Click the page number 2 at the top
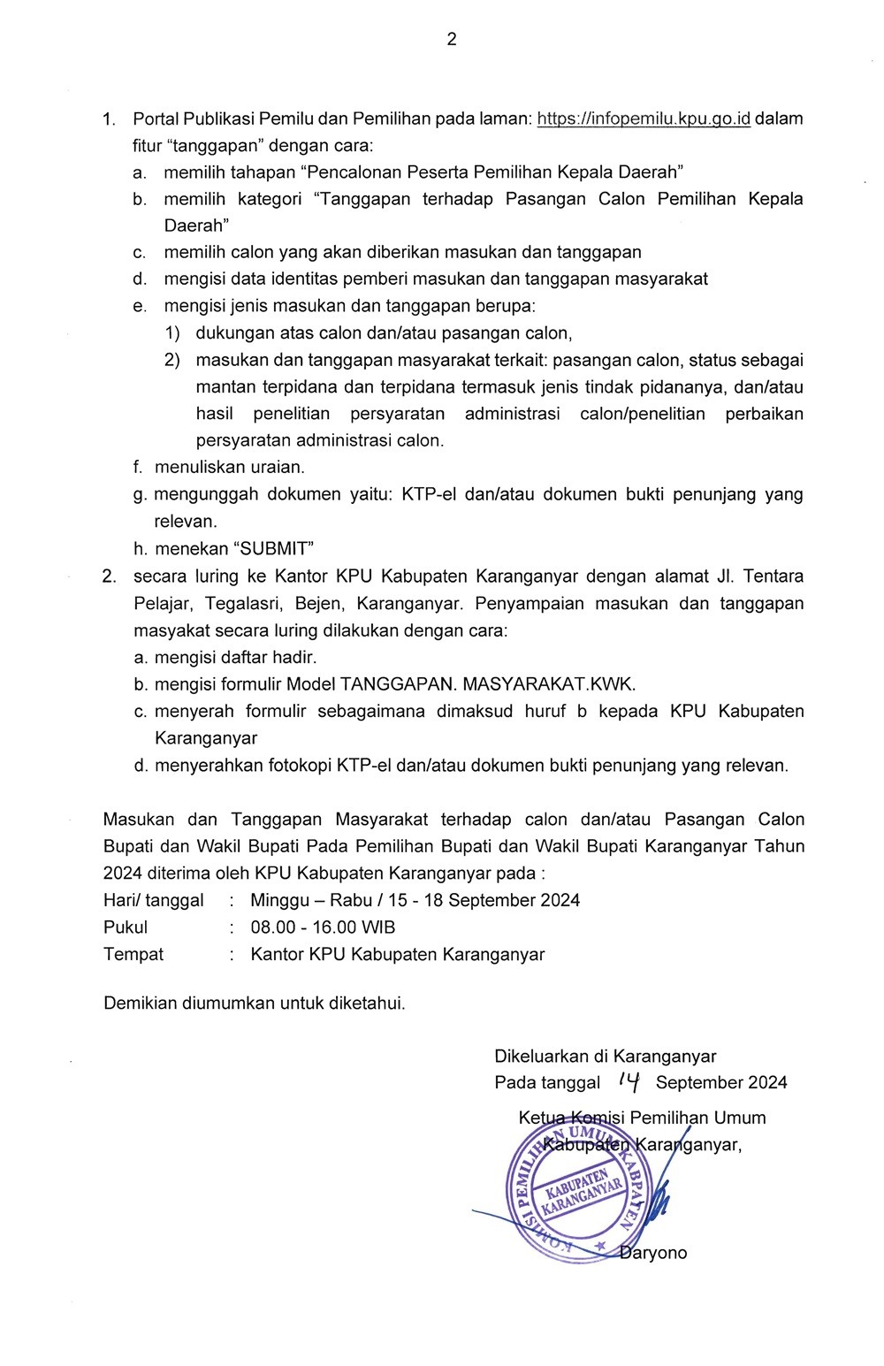click(x=452, y=39)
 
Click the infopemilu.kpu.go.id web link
click(x=644, y=118)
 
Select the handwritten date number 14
click(x=629, y=1080)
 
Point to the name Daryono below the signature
click(x=654, y=1253)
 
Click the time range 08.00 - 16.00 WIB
click(x=323, y=927)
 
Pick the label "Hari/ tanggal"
click(x=154, y=900)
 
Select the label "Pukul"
click(x=126, y=927)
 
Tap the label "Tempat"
click(x=133, y=954)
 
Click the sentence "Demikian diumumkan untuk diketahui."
click(x=255, y=1004)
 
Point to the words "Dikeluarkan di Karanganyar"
click(x=606, y=1056)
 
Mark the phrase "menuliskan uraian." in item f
click(x=230, y=466)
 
